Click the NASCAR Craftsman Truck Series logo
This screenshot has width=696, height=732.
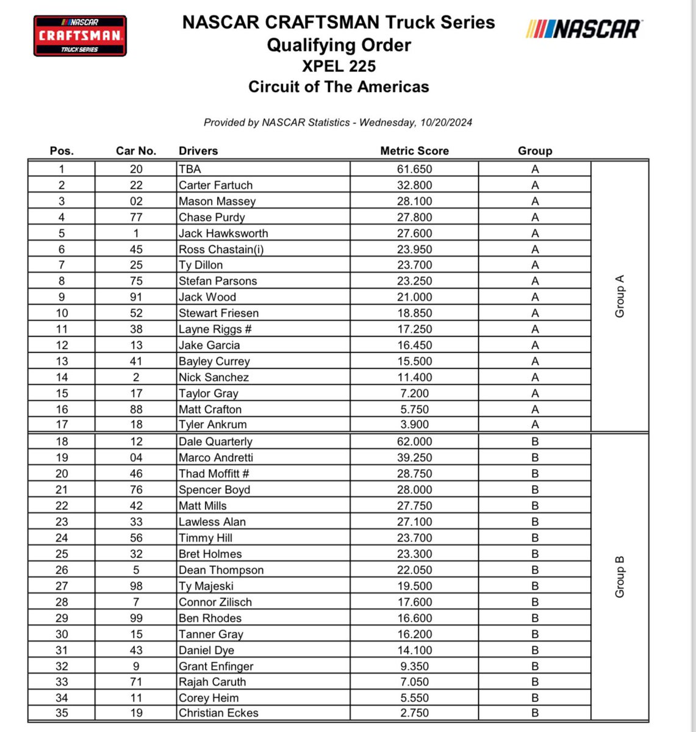[x=79, y=36]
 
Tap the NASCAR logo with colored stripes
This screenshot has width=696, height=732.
[x=583, y=29]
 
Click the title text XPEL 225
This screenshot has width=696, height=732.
[x=339, y=66]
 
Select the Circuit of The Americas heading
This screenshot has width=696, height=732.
[x=339, y=87]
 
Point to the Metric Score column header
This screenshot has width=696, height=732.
[x=414, y=151]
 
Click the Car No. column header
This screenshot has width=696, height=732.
[x=136, y=151]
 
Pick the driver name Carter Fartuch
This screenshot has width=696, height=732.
[x=215, y=185]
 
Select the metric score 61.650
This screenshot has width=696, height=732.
[x=414, y=170]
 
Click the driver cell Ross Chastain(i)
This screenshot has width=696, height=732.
[x=221, y=249]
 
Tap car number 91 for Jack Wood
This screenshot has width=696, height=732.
[x=136, y=297]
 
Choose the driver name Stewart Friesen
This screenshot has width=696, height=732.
[x=218, y=313]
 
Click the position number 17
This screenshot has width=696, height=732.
[x=62, y=425]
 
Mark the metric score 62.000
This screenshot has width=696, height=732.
[x=414, y=442]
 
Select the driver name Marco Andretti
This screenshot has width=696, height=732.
[x=216, y=457]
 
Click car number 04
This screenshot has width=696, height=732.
[x=136, y=457]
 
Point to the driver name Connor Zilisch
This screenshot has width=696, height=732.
[x=215, y=602]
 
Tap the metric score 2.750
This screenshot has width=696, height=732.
[x=414, y=713]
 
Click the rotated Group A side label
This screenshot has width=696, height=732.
[x=620, y=296]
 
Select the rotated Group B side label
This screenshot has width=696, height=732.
[x=620, y=576]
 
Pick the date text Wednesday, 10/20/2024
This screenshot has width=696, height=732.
[x=415, y=123]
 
